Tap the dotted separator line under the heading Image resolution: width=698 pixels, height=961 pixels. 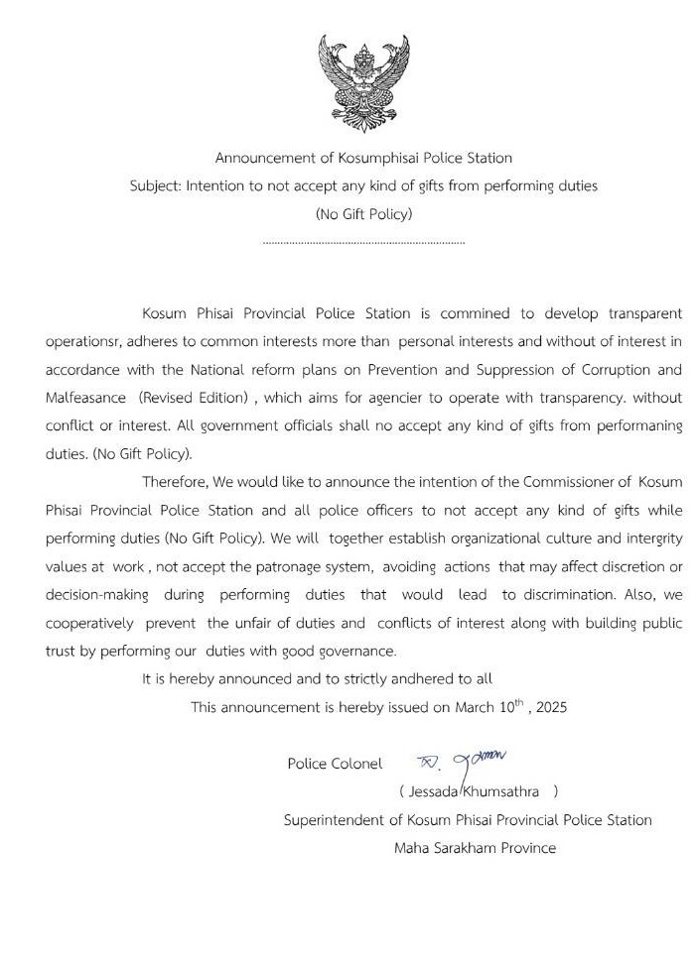(363, 242)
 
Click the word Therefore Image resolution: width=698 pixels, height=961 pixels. (177, 482)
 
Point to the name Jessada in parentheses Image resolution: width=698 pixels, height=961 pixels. (430, 791)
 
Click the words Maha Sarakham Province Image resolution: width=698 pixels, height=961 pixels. (475, 848)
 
